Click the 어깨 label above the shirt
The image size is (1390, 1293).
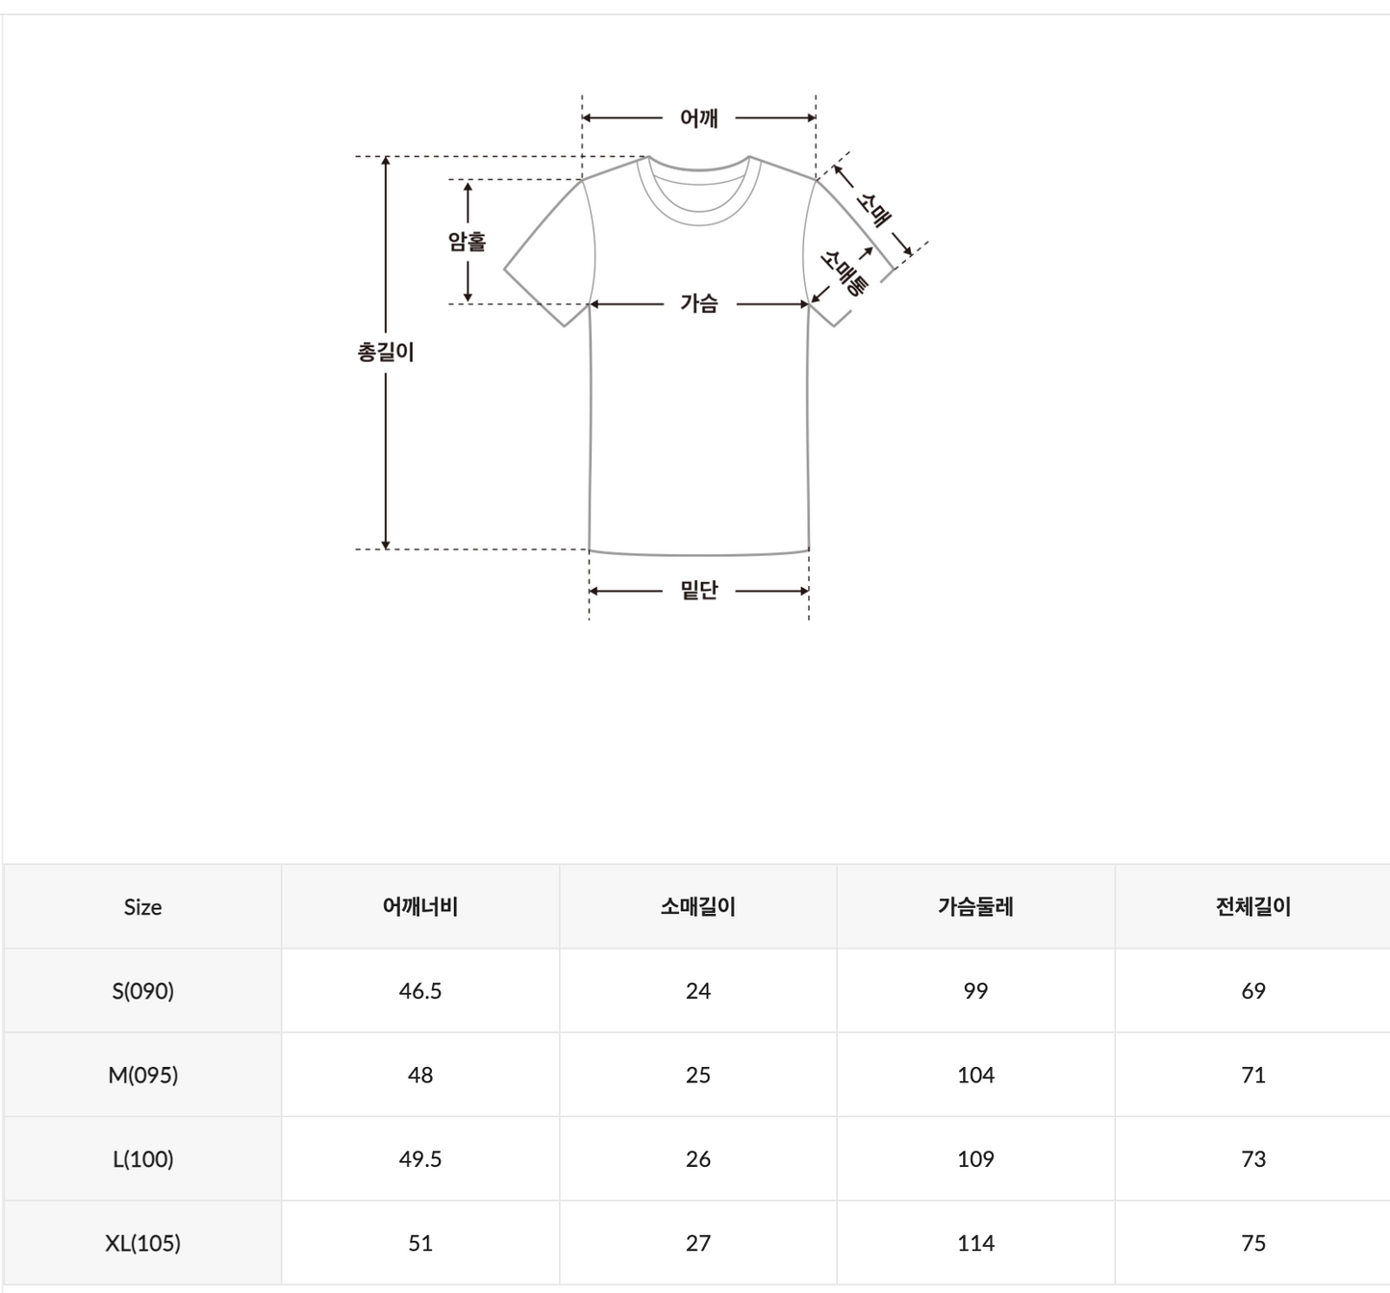pos(698,117)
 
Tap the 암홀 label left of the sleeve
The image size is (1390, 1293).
pos(467,241)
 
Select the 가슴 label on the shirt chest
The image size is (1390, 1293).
pos(699,303)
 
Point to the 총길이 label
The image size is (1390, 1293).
pos(386,351)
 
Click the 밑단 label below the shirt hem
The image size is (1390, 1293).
pos(698,590)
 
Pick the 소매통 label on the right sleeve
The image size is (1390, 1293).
pos(844,272)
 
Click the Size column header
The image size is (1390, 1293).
pos(142,907)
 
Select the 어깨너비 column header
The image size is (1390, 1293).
pos(420,906)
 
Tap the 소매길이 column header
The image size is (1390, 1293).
pos(697,906)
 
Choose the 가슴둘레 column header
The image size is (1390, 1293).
pos(975,906)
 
